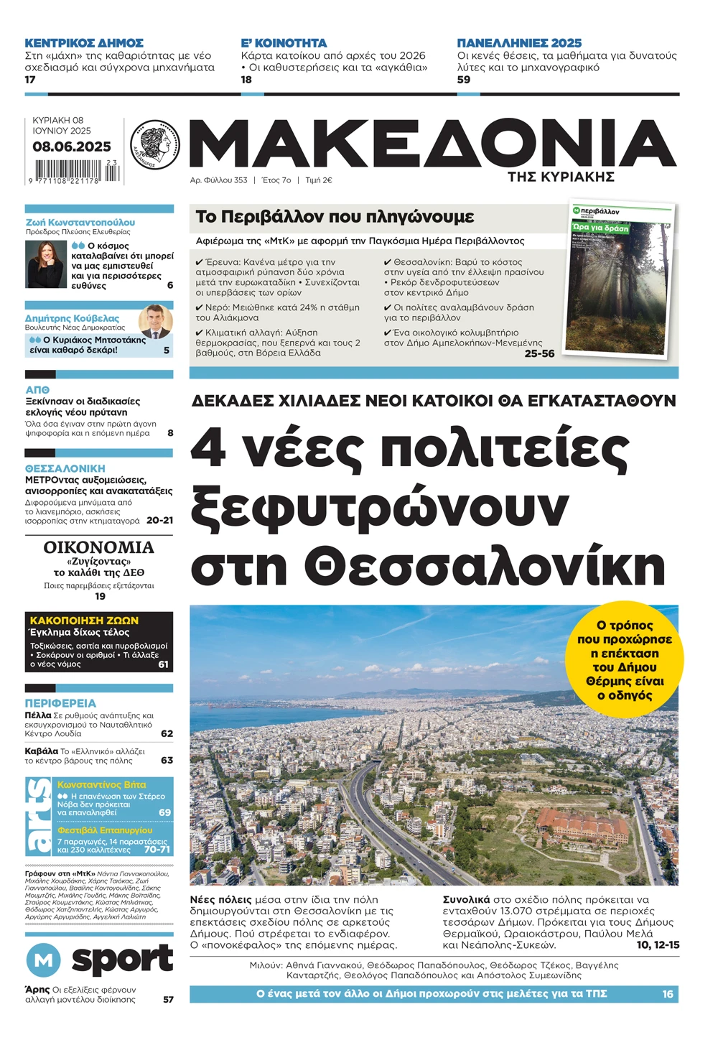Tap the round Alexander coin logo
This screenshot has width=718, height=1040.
coord(155,144)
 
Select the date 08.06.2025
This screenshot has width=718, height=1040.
coord(71,147)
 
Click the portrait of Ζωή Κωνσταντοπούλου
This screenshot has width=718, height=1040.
coord(46,264)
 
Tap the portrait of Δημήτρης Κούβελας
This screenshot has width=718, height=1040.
coord(155,322)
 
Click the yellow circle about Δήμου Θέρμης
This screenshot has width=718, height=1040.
coord(625,659)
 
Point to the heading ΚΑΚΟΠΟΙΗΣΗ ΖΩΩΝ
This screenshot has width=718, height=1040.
coord(84,621)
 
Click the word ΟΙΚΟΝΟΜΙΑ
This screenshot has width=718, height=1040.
coord(99,547)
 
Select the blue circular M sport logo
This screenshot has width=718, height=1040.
coord(44,960)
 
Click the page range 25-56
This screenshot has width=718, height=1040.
coord(539,353)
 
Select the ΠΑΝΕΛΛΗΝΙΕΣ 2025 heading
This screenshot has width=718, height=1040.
coord(519,43)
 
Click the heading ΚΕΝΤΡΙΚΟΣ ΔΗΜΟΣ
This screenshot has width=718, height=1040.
coord(84,43)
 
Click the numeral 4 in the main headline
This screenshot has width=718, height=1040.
coord(208,450)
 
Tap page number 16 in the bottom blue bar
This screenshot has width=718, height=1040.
coord(667,994)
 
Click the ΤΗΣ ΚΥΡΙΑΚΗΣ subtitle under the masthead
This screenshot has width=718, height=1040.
coord(561,177)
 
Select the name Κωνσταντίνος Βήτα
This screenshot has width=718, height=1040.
coord(101,785)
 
